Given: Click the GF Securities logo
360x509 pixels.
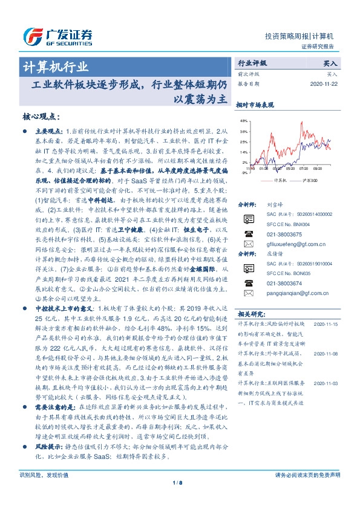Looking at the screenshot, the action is (57, 35).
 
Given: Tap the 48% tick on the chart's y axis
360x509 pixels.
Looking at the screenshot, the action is (243, 121).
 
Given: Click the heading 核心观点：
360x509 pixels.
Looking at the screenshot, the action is (42, 117).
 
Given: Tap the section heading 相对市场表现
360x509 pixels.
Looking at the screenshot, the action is (255, 105).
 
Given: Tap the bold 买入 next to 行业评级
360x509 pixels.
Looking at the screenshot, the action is (330, 62).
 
